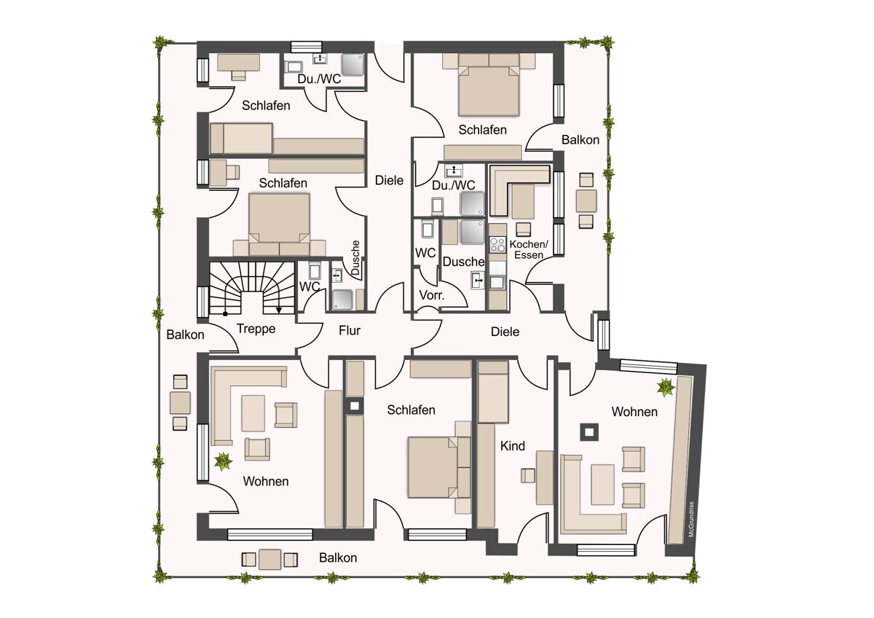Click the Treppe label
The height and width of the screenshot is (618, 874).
click(256, 329)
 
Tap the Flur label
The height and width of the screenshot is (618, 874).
click(350, 331)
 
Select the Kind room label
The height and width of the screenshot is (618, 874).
click(512, 446)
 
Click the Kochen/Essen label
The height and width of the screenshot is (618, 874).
click(529, 249)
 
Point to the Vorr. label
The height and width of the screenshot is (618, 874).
click(431, 295)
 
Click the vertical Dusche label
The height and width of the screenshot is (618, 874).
click(355, 258)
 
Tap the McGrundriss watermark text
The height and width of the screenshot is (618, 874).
click(691, 519)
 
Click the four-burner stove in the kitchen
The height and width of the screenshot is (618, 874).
click(497, 245)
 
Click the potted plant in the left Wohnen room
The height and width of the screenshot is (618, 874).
click(223, 462)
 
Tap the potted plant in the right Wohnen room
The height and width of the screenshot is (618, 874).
click(665, 388)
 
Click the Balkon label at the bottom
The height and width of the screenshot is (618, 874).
click(338, 558)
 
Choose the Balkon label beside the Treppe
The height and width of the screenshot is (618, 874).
click(185, 335)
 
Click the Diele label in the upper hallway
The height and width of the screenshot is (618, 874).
click(389, 180)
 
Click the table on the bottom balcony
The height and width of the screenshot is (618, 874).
click(269, 560)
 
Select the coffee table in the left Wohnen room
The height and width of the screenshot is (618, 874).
click(253, 413)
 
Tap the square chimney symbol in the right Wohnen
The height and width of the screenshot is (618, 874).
click(589, 432)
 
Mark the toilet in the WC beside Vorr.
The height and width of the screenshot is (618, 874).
click(428, 229)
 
